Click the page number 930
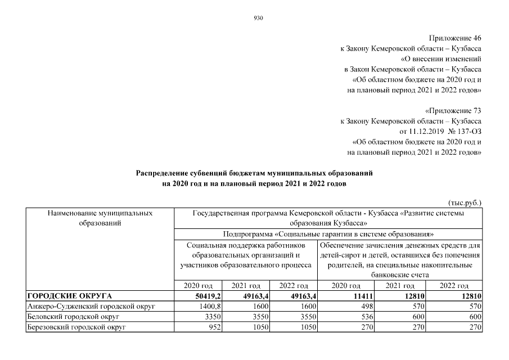click(259, 18)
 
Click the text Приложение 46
click(455, 38)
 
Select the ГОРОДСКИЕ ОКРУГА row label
click(70, 296)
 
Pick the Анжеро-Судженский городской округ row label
click(91, 306)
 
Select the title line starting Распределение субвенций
click(254, 173)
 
